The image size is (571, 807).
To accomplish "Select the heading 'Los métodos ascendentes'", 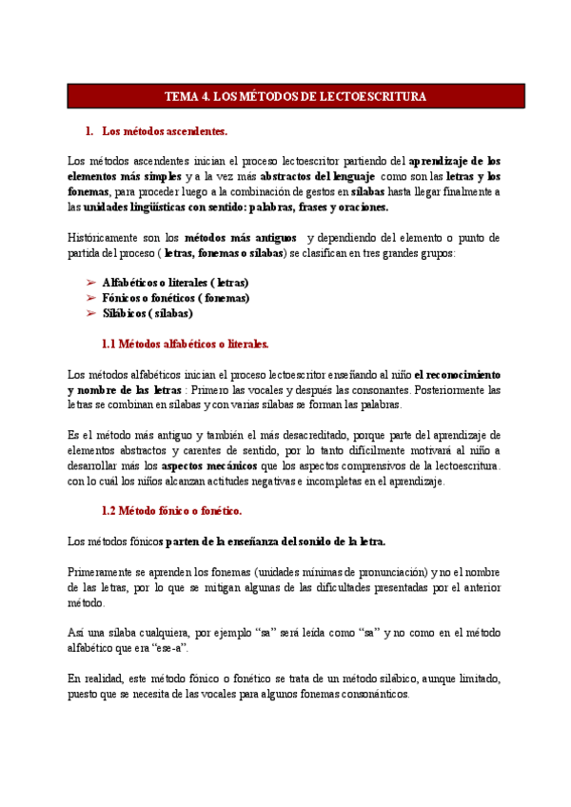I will (x=165, y=130).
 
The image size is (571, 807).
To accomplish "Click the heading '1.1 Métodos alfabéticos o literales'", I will (x=185, y=344).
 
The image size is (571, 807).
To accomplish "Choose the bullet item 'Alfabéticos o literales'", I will (x=175, y=283).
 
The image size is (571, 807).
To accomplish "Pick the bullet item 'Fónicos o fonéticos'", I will (x=175, y=298).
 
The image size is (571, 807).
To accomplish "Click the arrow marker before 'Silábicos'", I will (x=90, y=313).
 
